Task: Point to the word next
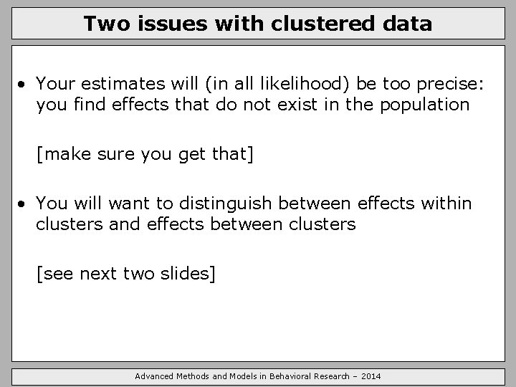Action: coord(100,273)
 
